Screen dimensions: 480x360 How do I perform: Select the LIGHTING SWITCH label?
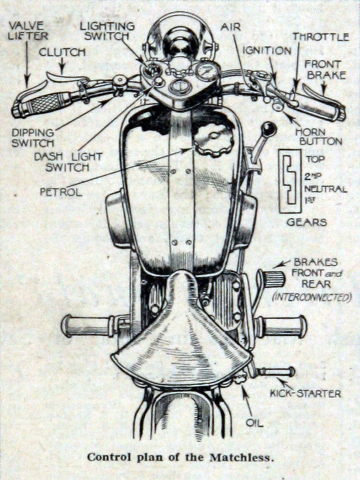point(107,31)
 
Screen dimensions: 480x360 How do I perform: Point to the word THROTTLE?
point(320,37)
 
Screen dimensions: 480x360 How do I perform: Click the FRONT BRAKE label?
point(325,69)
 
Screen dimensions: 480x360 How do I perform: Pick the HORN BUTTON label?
point(318,135)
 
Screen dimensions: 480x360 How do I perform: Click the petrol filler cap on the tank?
point(213,140)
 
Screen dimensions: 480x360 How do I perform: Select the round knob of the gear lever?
point(269,129)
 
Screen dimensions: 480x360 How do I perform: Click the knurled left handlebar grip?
point(45,102)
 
